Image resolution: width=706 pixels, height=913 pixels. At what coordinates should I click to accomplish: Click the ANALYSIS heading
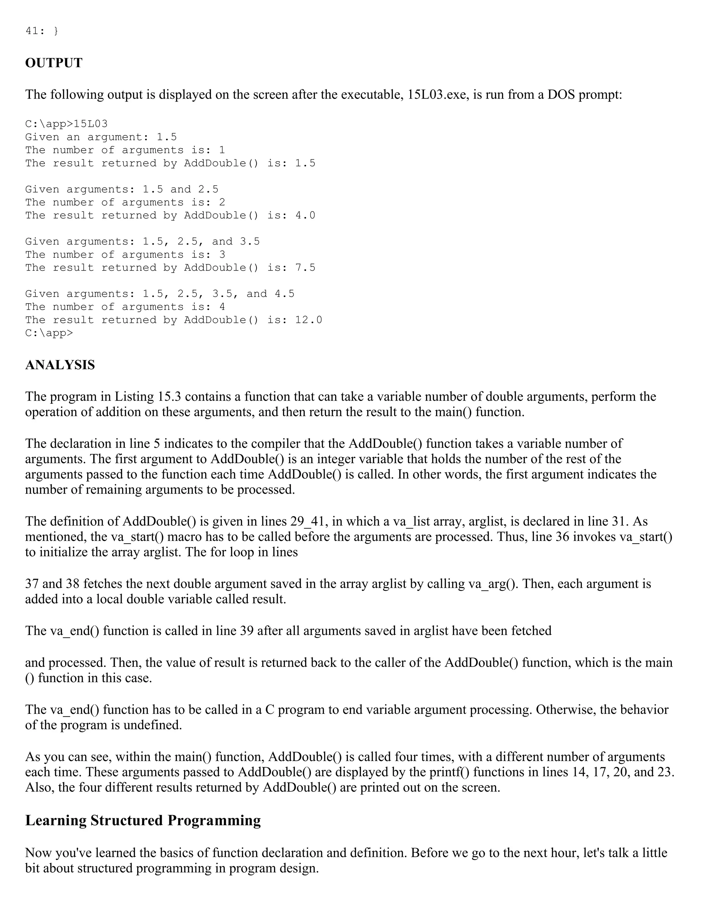coord(60,365)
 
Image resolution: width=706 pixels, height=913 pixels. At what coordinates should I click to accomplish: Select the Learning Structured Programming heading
coord(143,820)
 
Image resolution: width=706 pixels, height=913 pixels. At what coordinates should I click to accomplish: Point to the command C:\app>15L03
coord(66,124)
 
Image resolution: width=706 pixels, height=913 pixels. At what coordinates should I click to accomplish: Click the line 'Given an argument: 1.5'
coord(101,137)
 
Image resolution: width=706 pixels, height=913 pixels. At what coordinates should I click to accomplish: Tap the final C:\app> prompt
coord(49,333)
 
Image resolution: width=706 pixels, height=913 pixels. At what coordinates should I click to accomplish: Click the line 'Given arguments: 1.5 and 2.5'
coord(122,189)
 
